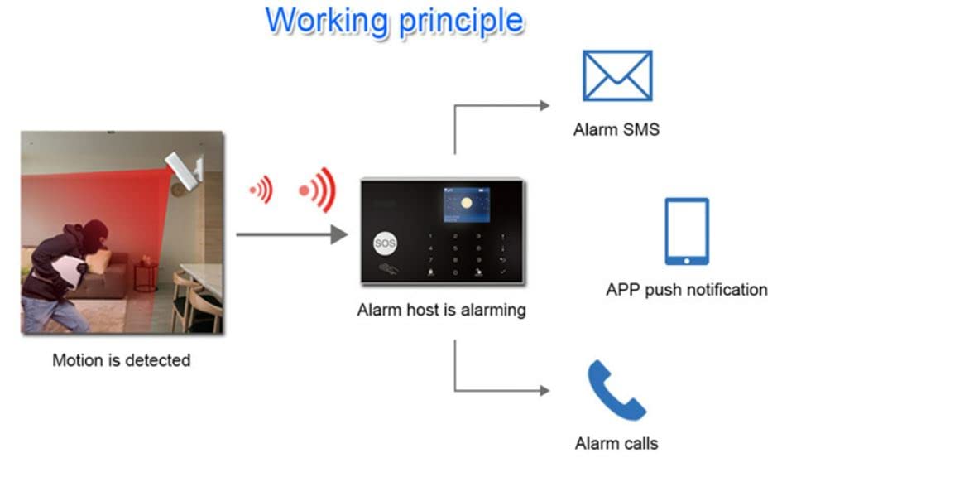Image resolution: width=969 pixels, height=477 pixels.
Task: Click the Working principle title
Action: [x=395, y=21]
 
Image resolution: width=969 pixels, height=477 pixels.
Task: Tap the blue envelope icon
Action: [x=616, y=75]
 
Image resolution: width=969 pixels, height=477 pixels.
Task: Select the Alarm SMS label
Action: [x=616, y=129]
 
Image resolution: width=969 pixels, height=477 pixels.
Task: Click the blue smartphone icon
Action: [x=687, y=231]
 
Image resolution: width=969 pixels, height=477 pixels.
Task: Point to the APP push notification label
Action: [x=686, y=290]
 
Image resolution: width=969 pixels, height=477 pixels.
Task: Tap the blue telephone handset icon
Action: [x=616, y=390]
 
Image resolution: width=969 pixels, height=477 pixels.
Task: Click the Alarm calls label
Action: [x=616, y=443]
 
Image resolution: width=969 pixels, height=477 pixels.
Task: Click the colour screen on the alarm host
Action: [x=466, y=205]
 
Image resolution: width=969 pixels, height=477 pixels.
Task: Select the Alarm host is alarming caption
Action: [x=441, y=311]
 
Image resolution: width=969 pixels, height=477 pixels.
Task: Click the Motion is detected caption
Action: [x=121, y=360]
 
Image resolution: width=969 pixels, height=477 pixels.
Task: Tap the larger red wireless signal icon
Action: [x=318, y=190]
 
